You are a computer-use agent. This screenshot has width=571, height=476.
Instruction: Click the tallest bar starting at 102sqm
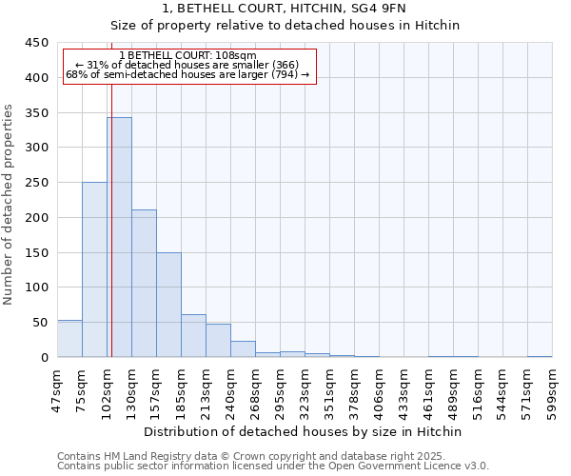pos(119,237)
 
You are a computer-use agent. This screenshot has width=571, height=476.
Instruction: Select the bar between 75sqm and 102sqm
pos(94,269)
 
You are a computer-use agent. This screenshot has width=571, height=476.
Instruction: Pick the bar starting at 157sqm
pos(168,305)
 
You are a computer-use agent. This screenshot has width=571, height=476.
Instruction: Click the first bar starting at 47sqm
pos(69,339)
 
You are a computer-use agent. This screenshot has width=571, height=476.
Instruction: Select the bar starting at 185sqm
pos(193,336)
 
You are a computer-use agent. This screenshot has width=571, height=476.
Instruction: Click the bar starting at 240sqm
pos(243,349)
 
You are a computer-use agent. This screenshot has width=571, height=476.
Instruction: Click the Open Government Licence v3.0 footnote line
pos(273,466)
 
